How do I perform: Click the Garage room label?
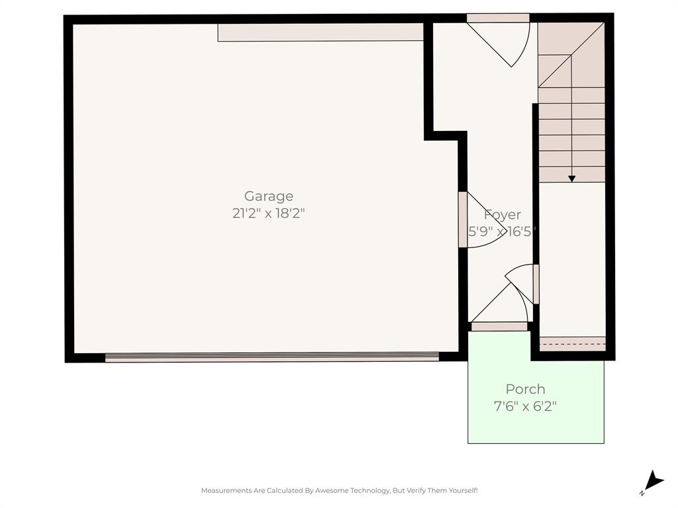coord(269,196)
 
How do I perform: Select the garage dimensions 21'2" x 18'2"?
coord(269,214)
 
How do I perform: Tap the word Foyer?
coord(503,214)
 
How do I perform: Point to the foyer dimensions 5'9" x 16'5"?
coord(502,232)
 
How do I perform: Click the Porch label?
coord(526,389)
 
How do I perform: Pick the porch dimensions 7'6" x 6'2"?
coord(526,406)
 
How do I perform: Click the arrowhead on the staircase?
coord(571,179)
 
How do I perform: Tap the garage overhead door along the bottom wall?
coord(271,357)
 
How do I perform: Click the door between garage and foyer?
coord(463,220)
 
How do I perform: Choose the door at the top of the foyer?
coord(498,19)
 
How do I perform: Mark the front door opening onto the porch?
coord(499,326)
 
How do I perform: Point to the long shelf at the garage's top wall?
coord(320,32)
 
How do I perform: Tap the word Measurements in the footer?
coord(226,491)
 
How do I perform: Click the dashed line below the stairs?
coord(573,344)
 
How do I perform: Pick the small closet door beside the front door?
coord(536,284)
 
